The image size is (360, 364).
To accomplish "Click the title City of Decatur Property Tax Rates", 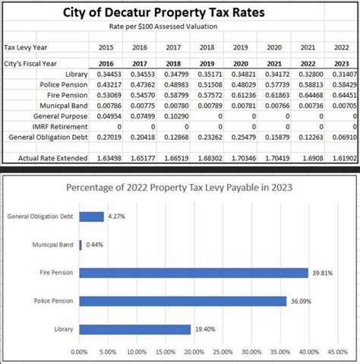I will (x=180, y=13).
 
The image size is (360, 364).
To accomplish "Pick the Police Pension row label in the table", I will (x=65, y=85).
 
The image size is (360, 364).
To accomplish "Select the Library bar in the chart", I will (x=134, y=329).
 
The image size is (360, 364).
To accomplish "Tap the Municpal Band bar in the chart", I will (x=80, y=245).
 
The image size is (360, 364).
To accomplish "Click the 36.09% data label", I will (x=300, y=302).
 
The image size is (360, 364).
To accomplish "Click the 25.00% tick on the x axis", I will (x=223, y=353).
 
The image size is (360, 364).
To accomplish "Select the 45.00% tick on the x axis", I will (x=337, y=353).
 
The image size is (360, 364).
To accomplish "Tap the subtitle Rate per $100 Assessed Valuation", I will (x=180, y=27).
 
